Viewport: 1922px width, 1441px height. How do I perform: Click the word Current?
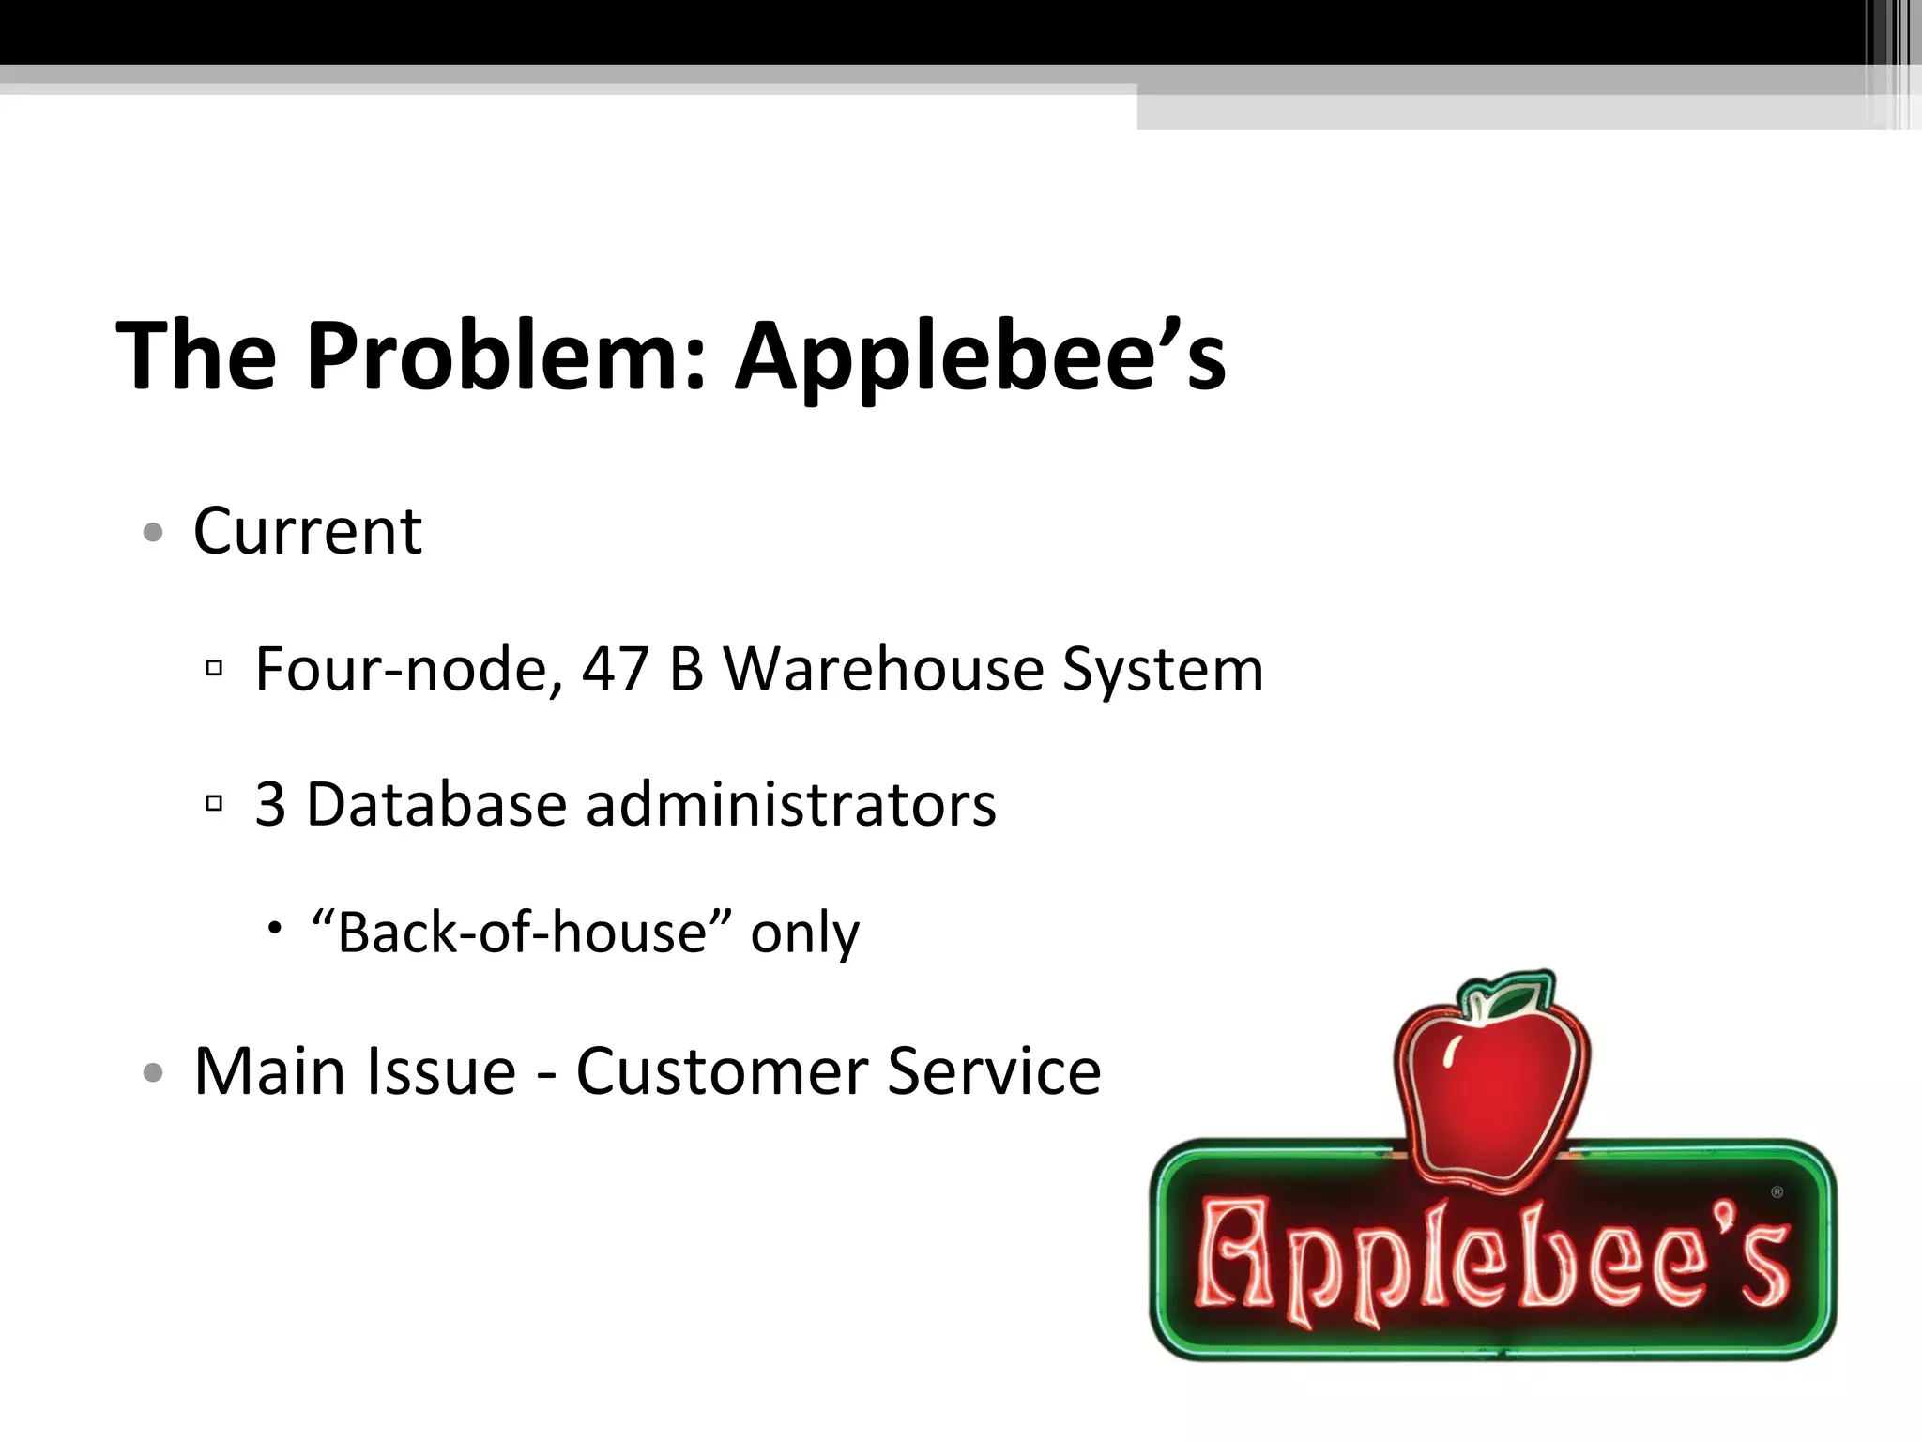click(308, 532)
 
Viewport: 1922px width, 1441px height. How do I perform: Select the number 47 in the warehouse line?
click(616, 670)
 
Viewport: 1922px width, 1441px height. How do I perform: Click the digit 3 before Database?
click(270, 805)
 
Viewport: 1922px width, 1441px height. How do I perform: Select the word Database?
click(436, 805)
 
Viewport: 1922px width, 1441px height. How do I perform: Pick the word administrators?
click(790, 805)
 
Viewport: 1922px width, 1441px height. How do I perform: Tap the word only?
click(804, 934)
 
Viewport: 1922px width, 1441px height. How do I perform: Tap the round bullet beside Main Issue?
click(153, 1072)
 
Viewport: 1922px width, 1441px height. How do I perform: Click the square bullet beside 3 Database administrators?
click(214, 804)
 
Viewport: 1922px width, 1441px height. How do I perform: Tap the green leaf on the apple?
click(1513, 998)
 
